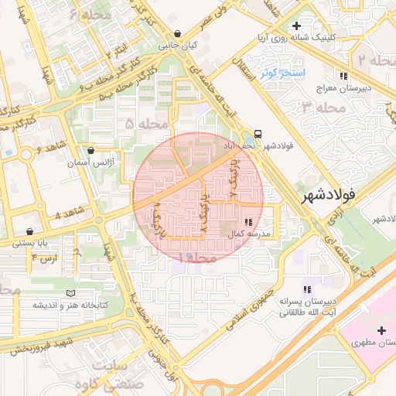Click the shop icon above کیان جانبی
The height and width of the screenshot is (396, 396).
[179, 34]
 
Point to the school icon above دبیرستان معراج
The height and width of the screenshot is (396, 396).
[343, 75]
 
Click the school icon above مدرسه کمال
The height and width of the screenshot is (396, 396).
[247, 223]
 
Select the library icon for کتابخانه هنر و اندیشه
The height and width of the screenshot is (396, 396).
[71, 293]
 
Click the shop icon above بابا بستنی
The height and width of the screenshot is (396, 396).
[29, 231]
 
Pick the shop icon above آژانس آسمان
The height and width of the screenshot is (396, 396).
[92, 151]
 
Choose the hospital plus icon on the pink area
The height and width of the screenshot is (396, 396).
[380, 330]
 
